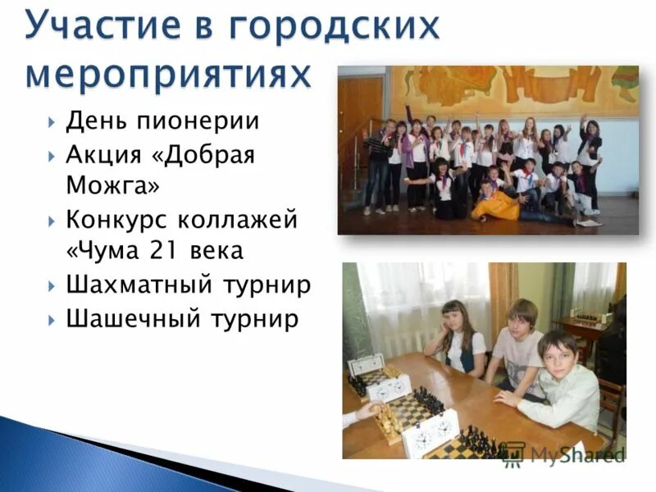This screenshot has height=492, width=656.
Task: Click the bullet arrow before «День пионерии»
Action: (x=52, y=123)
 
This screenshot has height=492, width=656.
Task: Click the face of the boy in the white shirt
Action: (x=558, y=353)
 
